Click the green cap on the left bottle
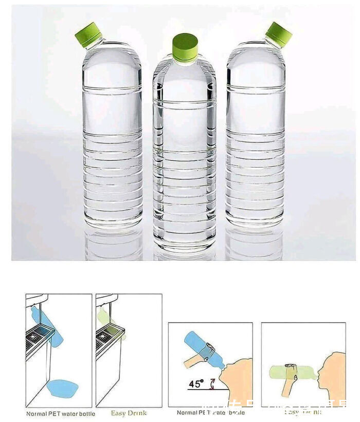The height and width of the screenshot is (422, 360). (x=89, y=34)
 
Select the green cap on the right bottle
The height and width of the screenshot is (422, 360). (x=279, y=33)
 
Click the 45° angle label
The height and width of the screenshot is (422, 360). (x=196, y=384)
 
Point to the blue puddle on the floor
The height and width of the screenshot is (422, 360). (x=62, y=388)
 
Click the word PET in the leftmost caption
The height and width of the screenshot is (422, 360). (x=56, y=413)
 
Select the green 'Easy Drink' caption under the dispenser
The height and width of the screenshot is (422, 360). (x=129, y=413)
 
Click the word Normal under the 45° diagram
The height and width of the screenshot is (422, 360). (x=188, y=413)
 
